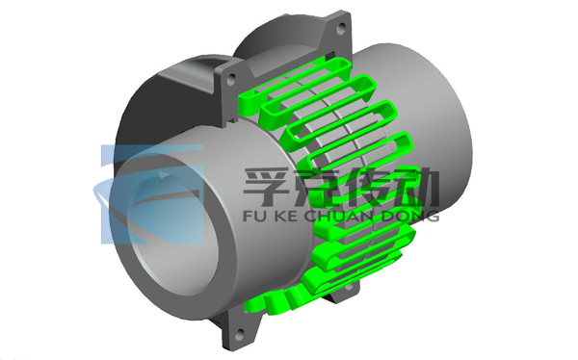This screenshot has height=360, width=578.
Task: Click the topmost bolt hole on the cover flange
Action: [x=342, y=27]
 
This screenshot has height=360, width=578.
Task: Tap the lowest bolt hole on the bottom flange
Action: [x=240, y=334]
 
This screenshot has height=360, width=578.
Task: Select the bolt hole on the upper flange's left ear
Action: [x=231, y=79]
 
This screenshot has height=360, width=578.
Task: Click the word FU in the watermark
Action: [x=252, y=217]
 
